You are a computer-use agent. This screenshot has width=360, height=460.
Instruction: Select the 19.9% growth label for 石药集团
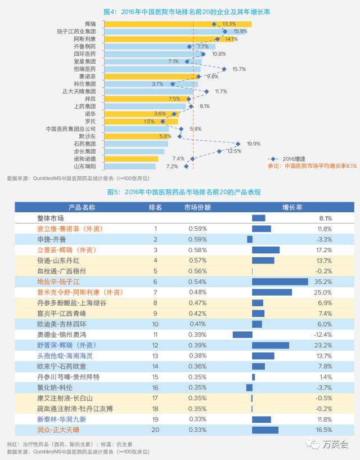(x=253, y=144)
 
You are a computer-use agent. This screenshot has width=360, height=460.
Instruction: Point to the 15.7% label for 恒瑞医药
(x=239, y=69)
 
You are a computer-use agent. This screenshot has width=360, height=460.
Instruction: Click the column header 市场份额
(x=197, y=207)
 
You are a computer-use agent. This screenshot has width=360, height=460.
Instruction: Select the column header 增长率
(x=292, y=207)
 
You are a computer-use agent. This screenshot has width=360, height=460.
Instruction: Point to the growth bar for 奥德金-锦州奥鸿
(x=242, y=334)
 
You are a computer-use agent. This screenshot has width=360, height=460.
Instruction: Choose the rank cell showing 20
(x=155, y=430)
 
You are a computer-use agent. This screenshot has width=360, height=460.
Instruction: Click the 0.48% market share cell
(x=197, y=292)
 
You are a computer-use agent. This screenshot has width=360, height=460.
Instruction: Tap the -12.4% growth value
(x=322, y=334)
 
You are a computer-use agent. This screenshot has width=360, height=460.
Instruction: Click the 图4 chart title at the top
(x=180, y=11)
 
